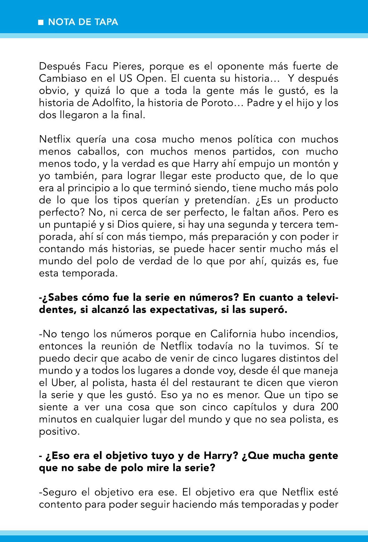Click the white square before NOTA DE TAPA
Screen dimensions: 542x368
coord(41,23)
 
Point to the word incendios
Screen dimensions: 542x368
coord(313,334)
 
